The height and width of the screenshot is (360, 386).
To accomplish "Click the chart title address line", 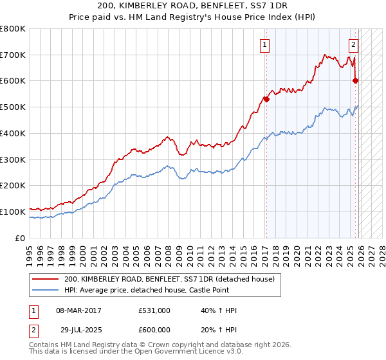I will [x=193, y=7].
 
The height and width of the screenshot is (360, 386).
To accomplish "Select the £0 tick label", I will [x=20, y=238].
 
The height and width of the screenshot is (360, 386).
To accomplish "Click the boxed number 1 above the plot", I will [x=265, y=44].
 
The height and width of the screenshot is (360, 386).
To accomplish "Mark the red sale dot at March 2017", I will [x=266, y=99].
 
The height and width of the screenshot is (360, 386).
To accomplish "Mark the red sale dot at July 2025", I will [x=356, y=80].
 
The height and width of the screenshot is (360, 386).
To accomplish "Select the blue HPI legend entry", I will [x=160, y=291].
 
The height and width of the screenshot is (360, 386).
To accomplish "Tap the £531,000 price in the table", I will [x=154, y=310].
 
